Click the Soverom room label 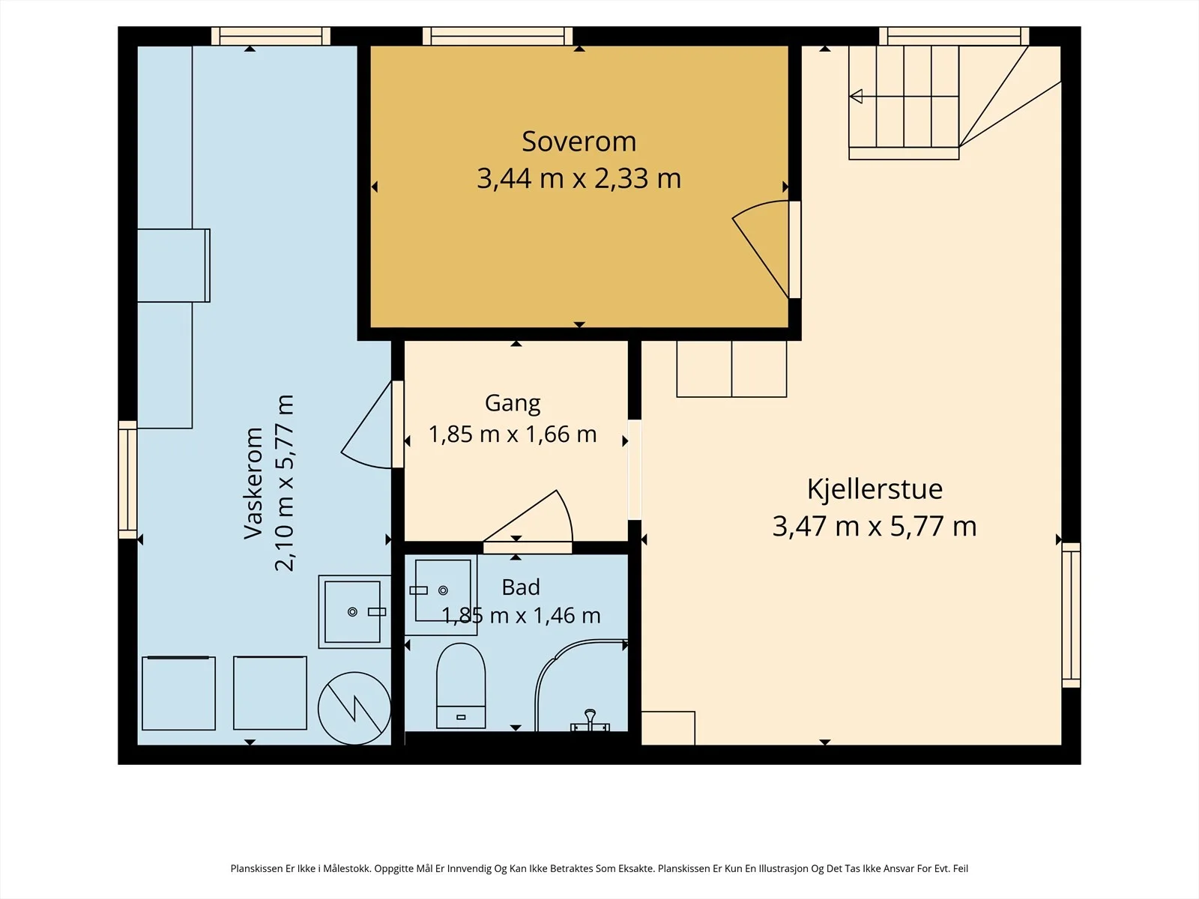pos(579,142)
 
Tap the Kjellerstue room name pos(875,489)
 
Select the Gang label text pos(513,404)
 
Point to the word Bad pos(521,587)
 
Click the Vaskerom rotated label pos(253,484)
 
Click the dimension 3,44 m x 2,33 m pos(579,178)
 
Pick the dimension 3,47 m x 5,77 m pos(875,527)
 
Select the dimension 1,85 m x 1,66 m pos(513,435)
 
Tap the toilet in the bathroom pos(461,685)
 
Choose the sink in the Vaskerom pos(354,612)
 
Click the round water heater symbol pos(354,708)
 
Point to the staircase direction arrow pos(856,97)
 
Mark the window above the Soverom pos(498,36)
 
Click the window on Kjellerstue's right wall pos(1071,615)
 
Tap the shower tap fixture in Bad pos(590,720)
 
